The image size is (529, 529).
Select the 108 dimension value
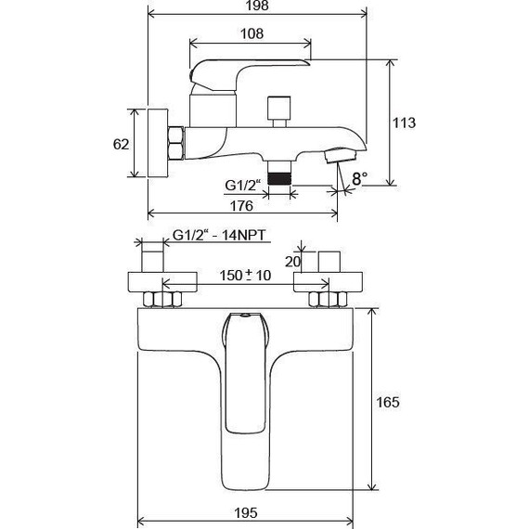point(250,33)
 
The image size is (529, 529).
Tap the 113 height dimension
point(404,122)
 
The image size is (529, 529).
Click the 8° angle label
point(357,175)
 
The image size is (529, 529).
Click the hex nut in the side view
point(174,144)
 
